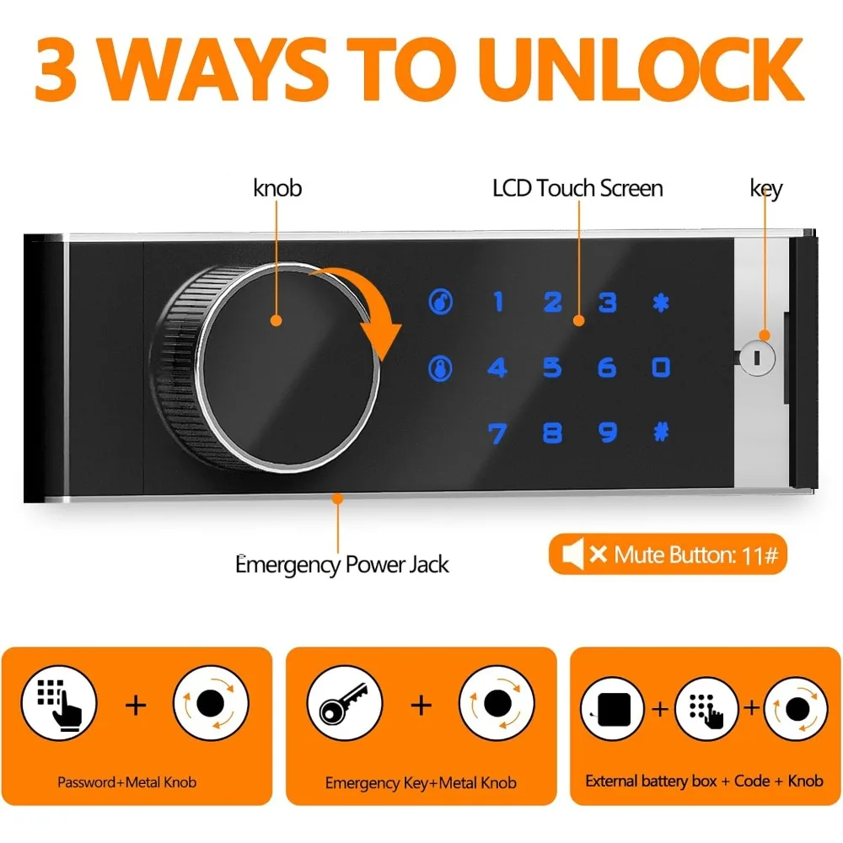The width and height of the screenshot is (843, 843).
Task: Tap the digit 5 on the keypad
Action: (x=552, y=368)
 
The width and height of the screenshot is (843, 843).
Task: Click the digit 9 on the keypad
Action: (x=607, y=433)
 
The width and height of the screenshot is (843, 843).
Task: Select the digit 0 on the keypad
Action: (x=661, y=368)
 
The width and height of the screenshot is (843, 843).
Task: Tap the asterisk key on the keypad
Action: (x=661, y=302)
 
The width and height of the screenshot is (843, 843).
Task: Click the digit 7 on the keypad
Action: (x=497, y=433)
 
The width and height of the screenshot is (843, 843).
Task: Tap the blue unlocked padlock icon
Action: (x=440, y=302)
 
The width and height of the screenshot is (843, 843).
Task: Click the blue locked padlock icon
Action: (x=440, y=368)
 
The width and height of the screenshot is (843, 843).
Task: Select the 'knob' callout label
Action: (x=277, y=188)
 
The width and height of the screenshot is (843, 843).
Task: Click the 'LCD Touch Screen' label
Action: (x=577, y=188)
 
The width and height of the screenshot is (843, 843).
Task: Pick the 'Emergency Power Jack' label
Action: (x=342, y=564)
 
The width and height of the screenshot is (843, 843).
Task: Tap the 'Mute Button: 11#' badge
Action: (x=668, y=555)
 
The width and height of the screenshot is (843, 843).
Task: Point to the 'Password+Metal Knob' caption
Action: (x=126, y=782)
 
